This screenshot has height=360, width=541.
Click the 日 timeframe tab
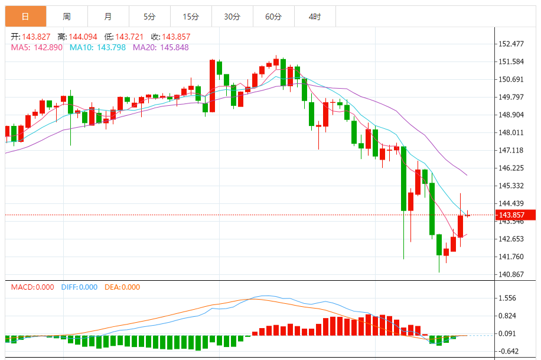(25, 17)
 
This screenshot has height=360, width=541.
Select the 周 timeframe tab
(67, 17)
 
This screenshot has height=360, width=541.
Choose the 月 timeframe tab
(107, 17)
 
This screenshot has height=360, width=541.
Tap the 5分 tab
(149, 17)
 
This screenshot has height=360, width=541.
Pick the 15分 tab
(190, 17)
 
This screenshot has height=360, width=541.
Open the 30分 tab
(232, 17)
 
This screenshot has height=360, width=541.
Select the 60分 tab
(273, 17)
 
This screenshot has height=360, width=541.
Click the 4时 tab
(315, 17)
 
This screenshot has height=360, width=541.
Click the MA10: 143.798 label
(97, 47)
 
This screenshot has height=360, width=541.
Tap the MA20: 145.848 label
(161, 47)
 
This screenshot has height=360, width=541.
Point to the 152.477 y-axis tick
(512, 44)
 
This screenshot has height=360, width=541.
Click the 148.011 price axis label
(512, 133)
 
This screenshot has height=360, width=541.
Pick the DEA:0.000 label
(122, 287)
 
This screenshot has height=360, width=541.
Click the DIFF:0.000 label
(79, 287)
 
